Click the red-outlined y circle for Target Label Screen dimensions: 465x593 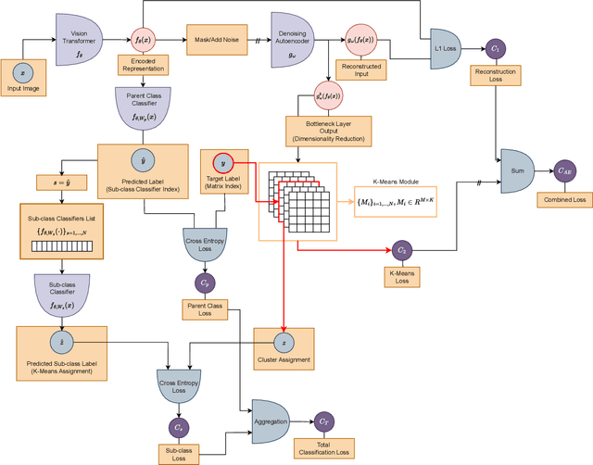tap(219, 137)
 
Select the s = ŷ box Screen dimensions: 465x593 tap(57, 181)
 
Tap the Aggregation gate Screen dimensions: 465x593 tap(271, 419)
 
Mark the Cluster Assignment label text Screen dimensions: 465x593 tap(284, 359)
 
